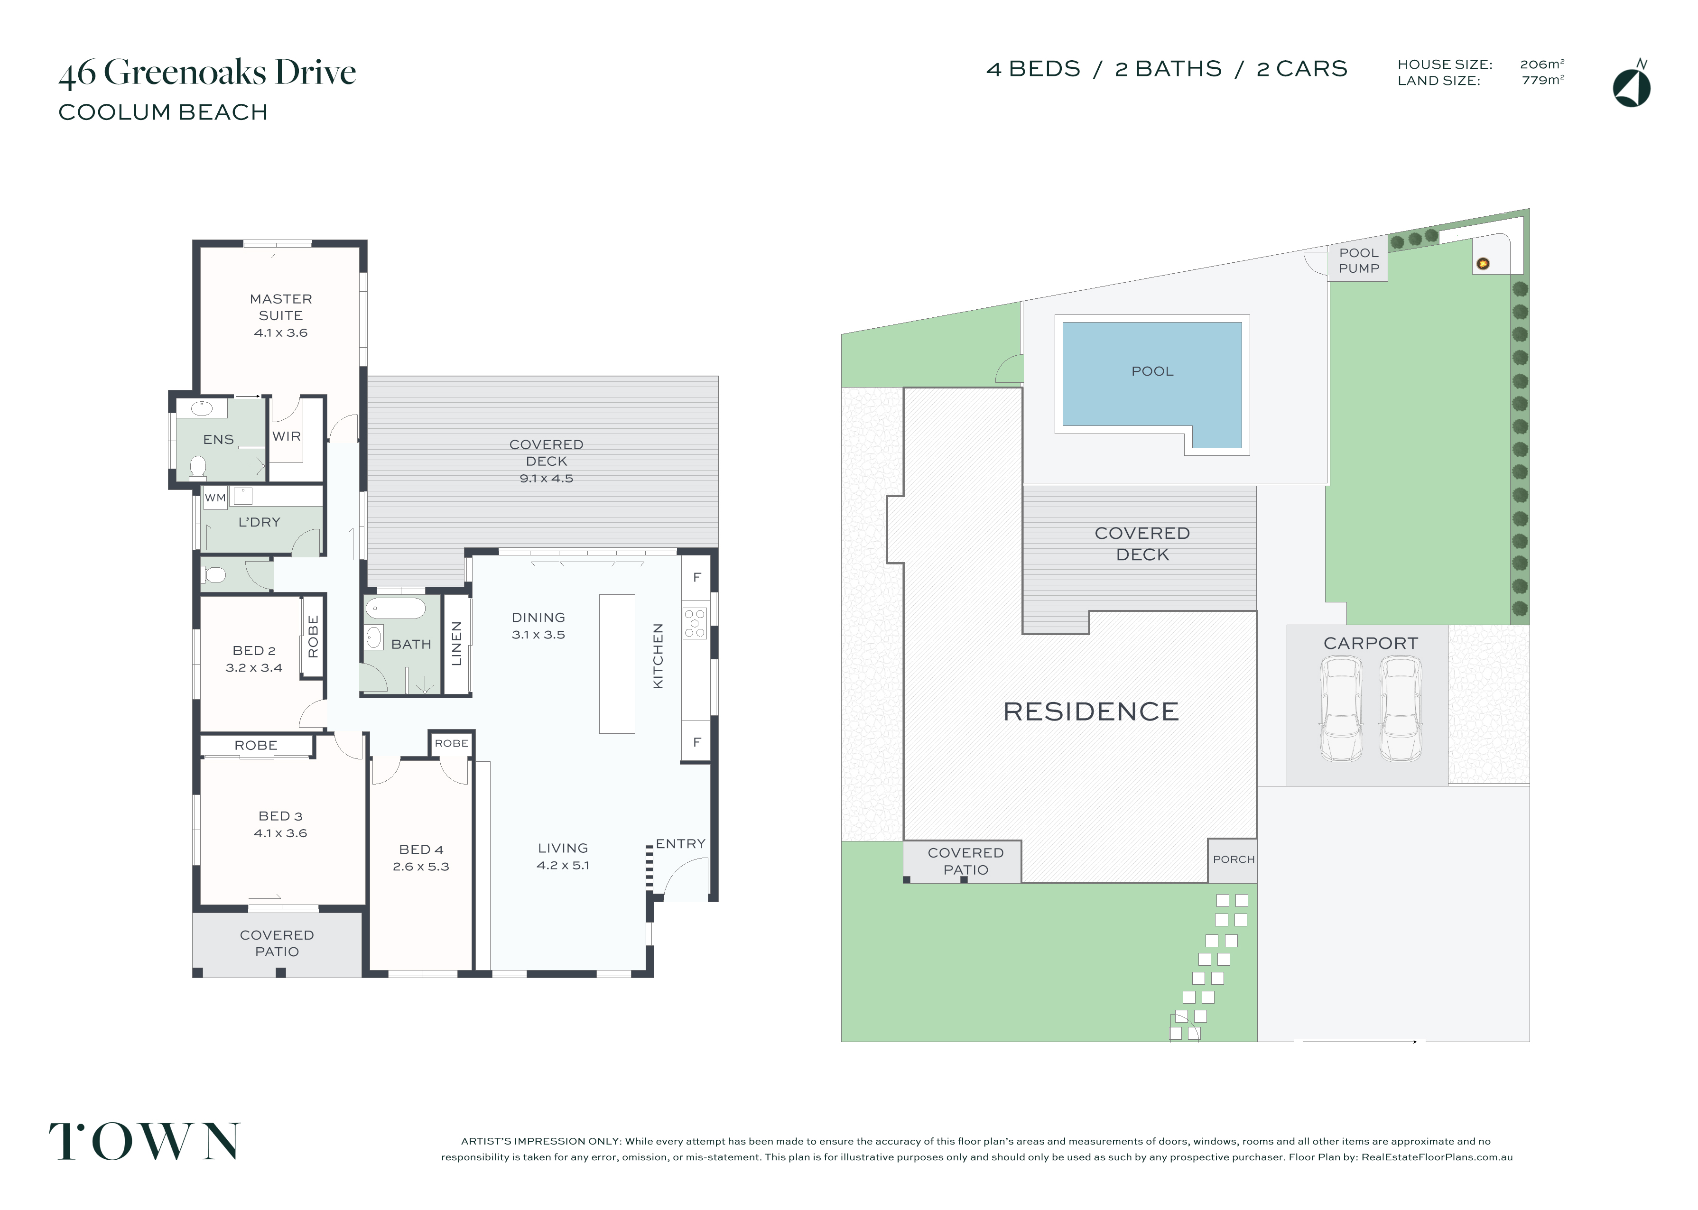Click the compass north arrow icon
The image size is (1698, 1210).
click(x=1631, y=84)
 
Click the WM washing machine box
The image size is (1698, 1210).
click(x=215, y=498)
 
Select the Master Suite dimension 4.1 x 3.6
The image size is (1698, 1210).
click(x=281, y=333)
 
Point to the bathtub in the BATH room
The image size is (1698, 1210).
click(x=395, y=609)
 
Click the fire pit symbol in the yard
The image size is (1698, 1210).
click(x=1483, y=263)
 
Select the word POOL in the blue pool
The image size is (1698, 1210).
click(x=1152, y=371)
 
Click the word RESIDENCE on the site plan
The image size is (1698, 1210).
click(x=1091, y=711)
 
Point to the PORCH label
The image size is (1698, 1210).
click(x=1233, y=859)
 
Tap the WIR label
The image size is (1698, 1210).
click(x=287, y=436)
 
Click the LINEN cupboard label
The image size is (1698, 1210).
click(x=457, y=643)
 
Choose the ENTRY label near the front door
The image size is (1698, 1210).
click(x=680, y=843)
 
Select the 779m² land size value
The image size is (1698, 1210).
click(x=1542, y=80)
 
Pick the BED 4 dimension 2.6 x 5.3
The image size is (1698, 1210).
click(x=421, y=867)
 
